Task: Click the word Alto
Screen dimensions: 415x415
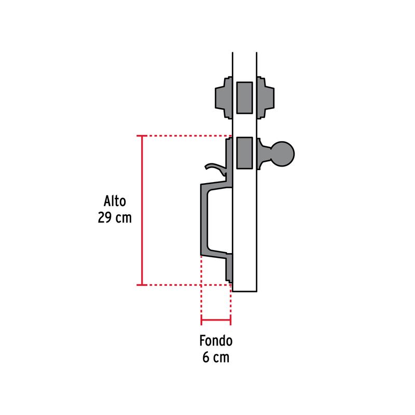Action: pyautogui.click(x=115, y=201)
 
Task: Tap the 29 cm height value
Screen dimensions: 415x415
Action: pyautogui.click(x=115, y=217)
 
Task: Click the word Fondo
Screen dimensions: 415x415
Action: pyautogui.click(x=216, y=341)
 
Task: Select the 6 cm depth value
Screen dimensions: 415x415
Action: pyautogui.click(x=216, y=357)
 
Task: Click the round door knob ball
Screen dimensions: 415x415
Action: pyautogui.click(x=282, y=154)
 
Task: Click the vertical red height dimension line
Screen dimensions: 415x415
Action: pyautogui.click(x=142, y=211)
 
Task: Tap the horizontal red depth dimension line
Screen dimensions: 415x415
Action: pyautogui.click(x=216, y=320)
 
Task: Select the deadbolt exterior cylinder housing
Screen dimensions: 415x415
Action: pyautogui.click(x=224, y=98)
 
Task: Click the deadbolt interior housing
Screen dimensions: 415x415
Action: pyautogui.click(x=265, y=98)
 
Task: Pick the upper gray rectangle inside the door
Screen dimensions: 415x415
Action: pyautogui.click(x=244, y=98)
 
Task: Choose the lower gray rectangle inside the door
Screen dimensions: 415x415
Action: pyautogui.click(x=244, y=153)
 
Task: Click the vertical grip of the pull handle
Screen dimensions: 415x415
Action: pyautogui.click(x=204, y=220)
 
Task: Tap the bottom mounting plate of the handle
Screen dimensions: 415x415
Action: pyautogui.click(x=229, y=268)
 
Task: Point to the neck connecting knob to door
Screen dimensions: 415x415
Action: pyautogui.click(x=264, y=154)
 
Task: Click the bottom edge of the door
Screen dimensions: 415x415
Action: pyautogui.click(x=244, y=292)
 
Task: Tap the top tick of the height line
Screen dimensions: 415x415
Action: pyautogui.click(x=142, y=136)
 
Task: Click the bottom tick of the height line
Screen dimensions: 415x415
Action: pyautogui.click(x=142, y=285)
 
